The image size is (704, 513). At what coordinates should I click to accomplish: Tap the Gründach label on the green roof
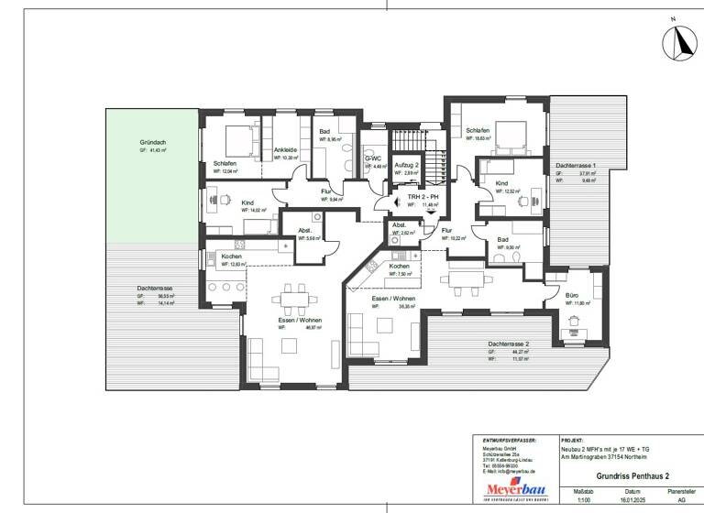[153, 143]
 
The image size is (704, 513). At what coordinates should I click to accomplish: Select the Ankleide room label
[285, 149]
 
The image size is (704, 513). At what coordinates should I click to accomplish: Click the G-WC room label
[373, 158]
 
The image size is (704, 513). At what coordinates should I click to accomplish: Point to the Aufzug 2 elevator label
[406, 164]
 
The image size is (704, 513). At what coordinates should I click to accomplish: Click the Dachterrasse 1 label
[576, 164]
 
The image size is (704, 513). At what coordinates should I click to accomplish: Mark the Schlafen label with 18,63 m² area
[478, 131]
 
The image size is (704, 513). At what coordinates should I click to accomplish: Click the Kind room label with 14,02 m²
[247, 202]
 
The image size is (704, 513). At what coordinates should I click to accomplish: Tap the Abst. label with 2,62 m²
[400, 224]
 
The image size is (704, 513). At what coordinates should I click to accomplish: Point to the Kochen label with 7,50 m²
[400, 266]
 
